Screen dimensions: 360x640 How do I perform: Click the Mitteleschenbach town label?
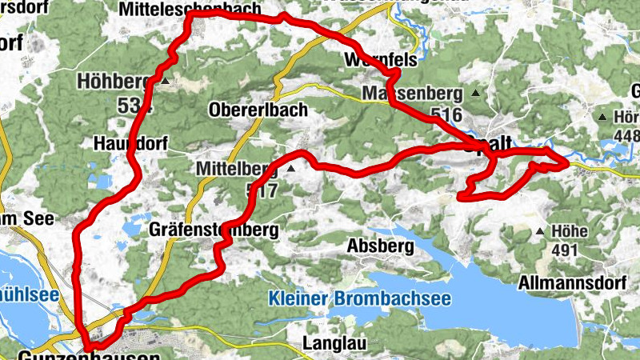[189, 9]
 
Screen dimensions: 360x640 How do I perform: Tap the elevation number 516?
[446, 114]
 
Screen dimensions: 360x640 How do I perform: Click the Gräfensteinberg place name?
[214, 230]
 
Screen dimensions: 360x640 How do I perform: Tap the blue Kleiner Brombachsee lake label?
[359, 299]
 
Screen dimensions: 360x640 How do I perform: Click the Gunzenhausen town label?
[87, 354]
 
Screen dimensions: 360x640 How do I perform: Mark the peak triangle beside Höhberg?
[165, 82]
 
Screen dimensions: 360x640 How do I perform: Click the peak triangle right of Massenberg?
[475, 94]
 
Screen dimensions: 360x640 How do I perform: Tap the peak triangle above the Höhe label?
[541, 232]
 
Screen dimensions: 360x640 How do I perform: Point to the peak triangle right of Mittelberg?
[291, 170]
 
